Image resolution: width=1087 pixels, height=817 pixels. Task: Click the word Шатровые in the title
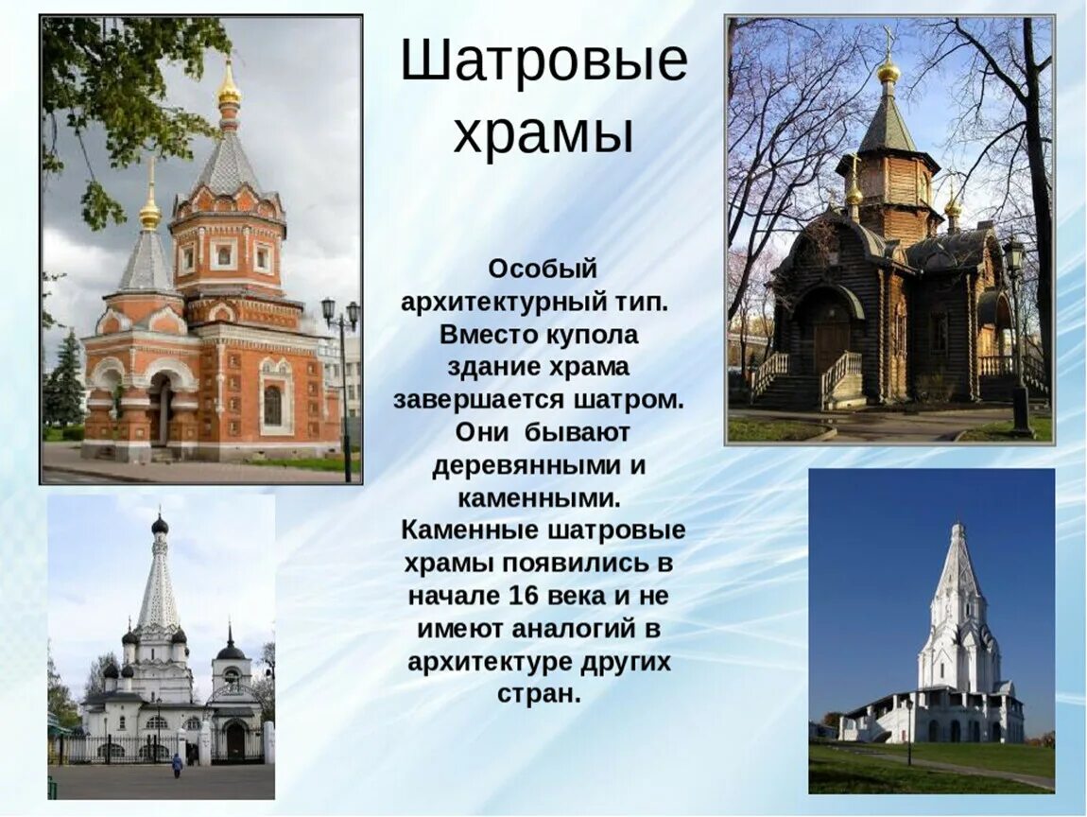(543, 62)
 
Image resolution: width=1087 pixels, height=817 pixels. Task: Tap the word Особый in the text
(543, 269)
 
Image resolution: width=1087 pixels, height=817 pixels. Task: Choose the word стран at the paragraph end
(537, 693)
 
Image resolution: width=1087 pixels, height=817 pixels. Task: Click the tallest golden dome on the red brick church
(229, 92)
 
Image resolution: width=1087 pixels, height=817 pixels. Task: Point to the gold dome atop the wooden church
(888, 71)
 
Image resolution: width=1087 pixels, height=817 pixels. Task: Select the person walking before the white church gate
(177, 764)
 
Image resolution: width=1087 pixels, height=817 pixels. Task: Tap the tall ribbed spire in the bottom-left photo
(159, 586)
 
